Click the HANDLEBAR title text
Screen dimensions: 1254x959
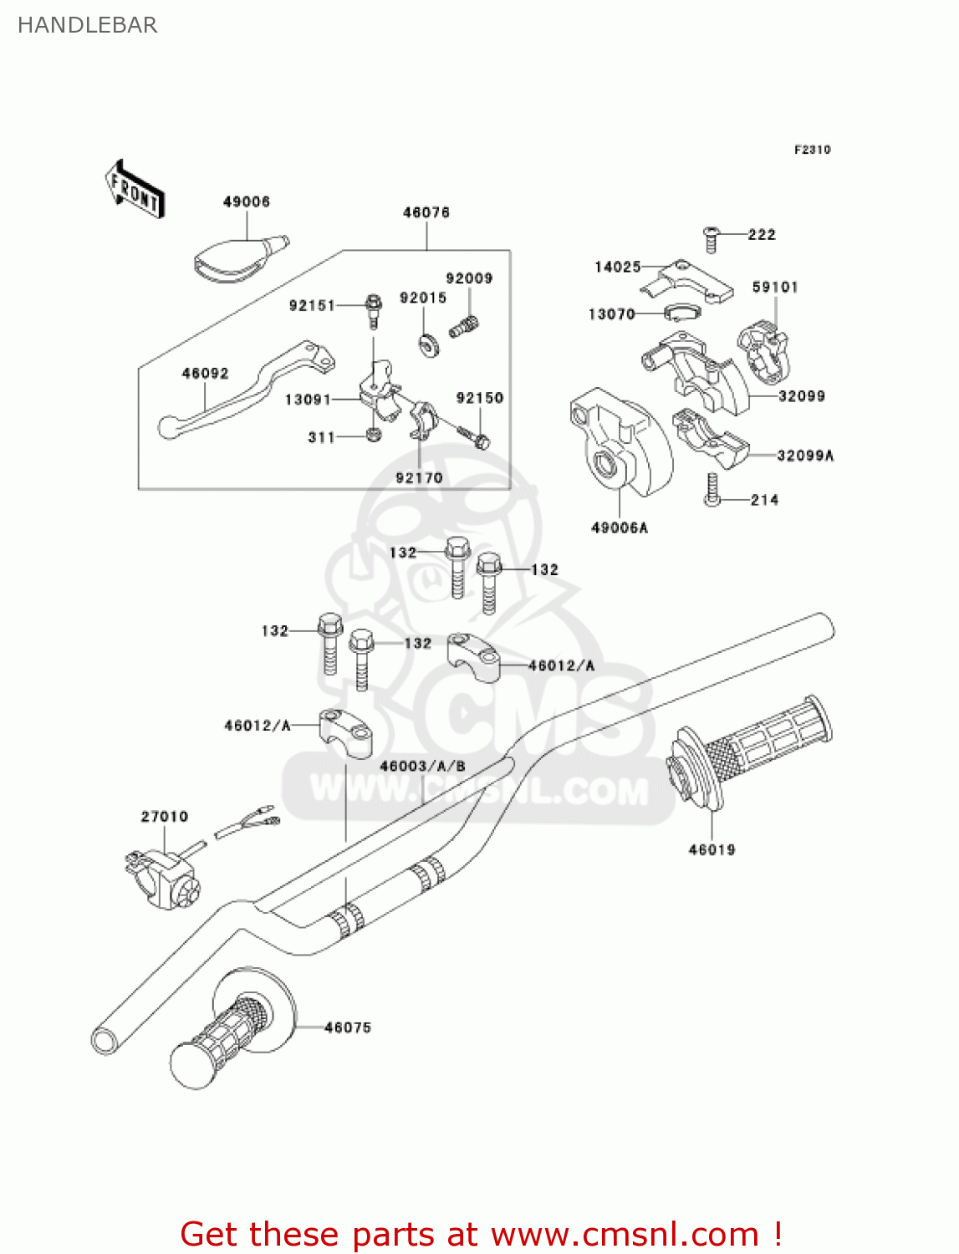[x=87, y=25]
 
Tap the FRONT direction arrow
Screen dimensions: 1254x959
[x=134, y=190]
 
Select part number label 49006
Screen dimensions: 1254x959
[x=246, y=201]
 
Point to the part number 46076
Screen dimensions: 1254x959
[x=426, y=212]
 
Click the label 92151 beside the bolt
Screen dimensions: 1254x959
[x=312, y=305]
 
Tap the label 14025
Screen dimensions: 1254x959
[x=617, y=267]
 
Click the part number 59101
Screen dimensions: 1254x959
[x=775, y=287]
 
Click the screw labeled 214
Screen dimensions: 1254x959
[x=712, y=490]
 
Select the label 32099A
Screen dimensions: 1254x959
[x=805, y=456]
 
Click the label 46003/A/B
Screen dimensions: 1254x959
[x=422, y=766]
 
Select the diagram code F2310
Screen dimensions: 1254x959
[x=812, y=150]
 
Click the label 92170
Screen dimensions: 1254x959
[x=419, y=477]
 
